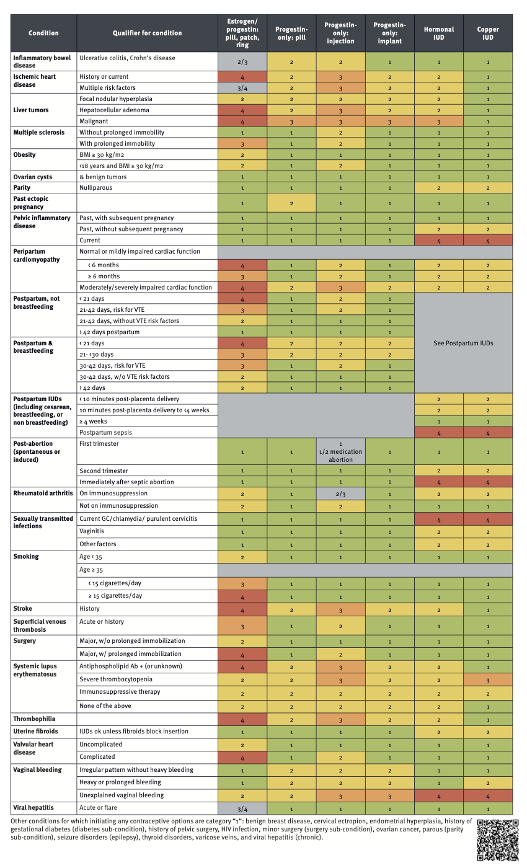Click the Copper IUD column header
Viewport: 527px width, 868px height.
click(x=488, y=33)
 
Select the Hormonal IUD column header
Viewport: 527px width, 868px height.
click(x=439, y=33)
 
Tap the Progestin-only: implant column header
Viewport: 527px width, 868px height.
click(x=390, y=33)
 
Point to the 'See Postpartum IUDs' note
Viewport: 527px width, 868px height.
click(x=464, y=343)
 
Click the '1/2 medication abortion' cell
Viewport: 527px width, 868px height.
click(x=340, y=452)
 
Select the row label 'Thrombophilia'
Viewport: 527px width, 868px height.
click(x=35, y=719)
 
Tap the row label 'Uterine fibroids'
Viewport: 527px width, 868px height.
click(x=36, y=732)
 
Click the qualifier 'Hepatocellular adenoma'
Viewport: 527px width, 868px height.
click(x=114, y=110)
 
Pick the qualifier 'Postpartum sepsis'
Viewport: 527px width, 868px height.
click(x=106, y=433)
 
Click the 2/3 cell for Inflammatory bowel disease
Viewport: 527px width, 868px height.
click(x=242, y=61)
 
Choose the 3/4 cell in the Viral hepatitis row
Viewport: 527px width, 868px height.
click(x=242, y=808)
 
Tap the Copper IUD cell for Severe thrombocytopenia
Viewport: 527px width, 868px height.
click(x=488, y=680)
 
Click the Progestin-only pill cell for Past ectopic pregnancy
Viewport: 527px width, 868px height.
click(x=291, y=203)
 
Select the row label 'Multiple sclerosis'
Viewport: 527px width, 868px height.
click(x=39, y=133)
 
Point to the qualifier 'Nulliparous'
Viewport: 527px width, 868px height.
click(x=95, y=187)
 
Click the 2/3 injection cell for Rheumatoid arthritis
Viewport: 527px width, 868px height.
click(x=340, y=494)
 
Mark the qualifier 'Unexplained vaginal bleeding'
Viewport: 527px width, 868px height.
click(x=122, y=795)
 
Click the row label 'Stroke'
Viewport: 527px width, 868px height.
click(x=22, y=609)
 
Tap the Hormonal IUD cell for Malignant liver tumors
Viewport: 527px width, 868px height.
click(x=439, y=122)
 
